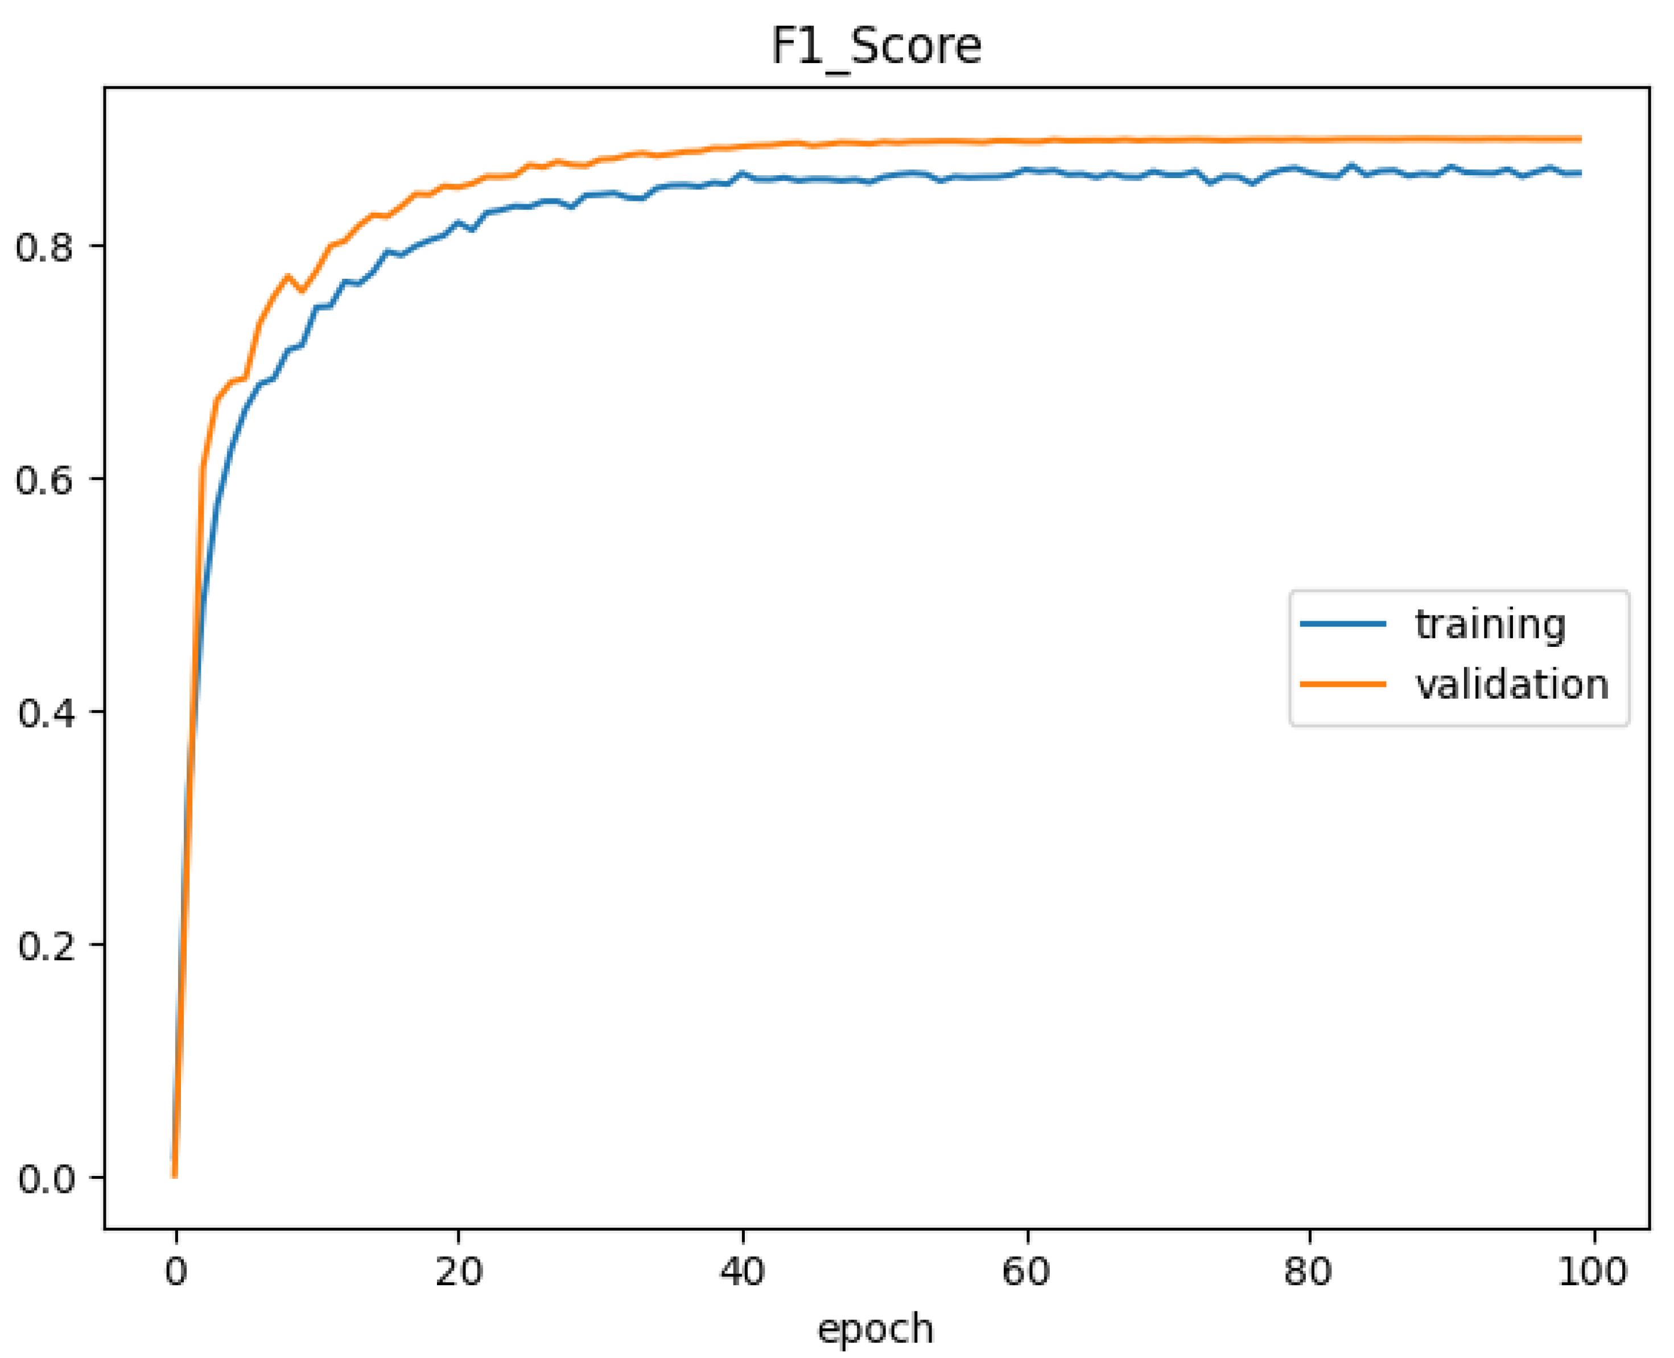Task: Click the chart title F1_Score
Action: pos(876,46)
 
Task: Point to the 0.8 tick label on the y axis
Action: pos(44,246)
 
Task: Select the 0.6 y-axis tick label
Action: pos(44,479)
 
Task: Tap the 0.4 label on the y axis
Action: pos(44,712)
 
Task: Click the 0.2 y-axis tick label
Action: pos(44,945)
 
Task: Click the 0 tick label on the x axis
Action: pos(176,1270)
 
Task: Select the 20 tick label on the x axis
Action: pos(459,1270)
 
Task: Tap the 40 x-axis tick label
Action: pos(741,1270)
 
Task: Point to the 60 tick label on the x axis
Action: pos(1025,1270)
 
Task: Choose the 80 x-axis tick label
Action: pos(1308,1270)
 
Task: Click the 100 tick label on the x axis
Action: pos(1592,1270)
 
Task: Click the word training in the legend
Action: pos(1490,624)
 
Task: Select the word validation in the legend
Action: pos(1511,684)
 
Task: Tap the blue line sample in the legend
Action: pos(1343,624)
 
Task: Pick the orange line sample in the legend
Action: pos(1343,684)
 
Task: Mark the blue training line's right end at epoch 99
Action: pos(1580,173)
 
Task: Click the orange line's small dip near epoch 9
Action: pos(303,291)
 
